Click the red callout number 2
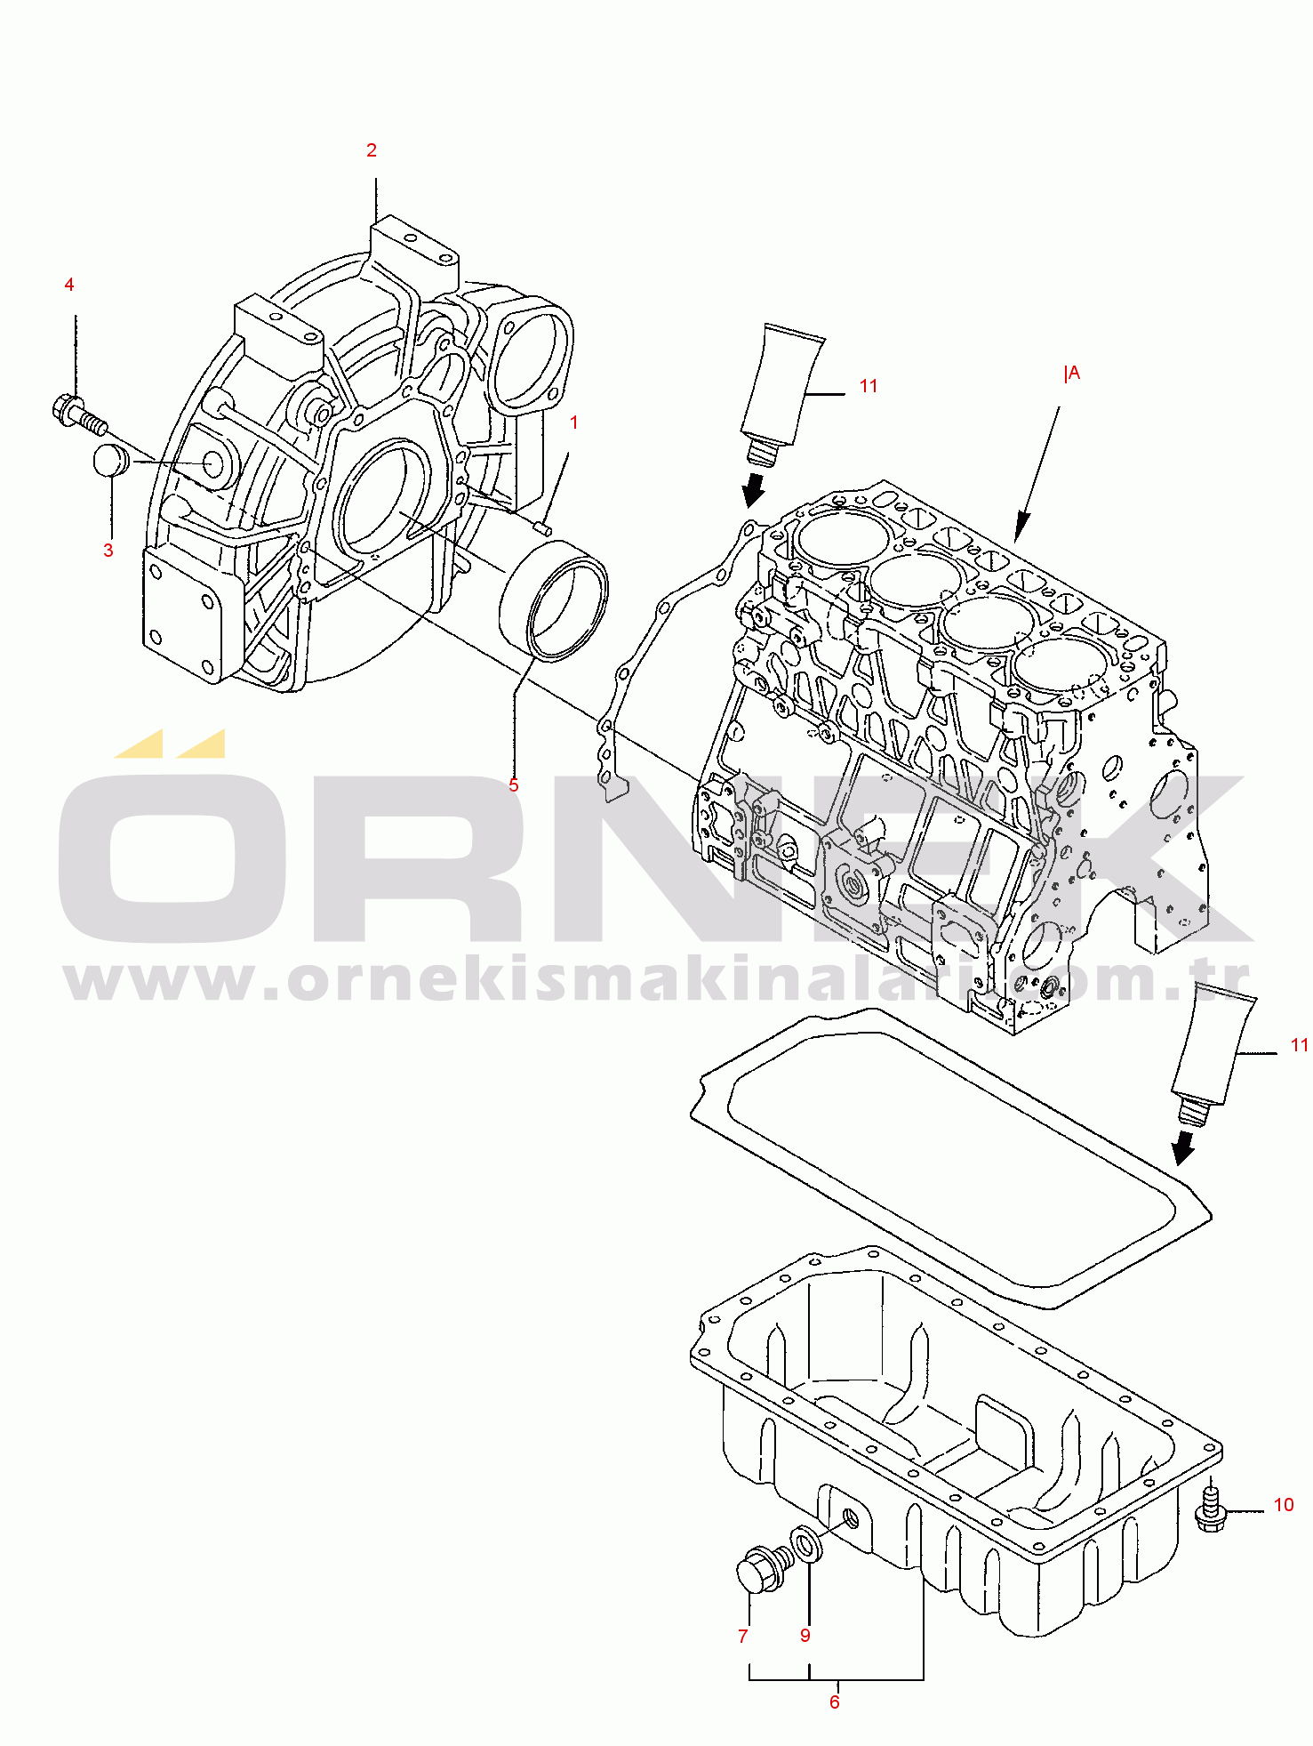(372, 150)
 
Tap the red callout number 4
(69, 285)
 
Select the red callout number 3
(108, 551)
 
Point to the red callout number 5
(514, 785)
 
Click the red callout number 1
(574, 422)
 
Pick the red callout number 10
(1284, 1505)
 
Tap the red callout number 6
(835, 1702)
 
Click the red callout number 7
(743, 1637)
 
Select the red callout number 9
(805, 1636)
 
